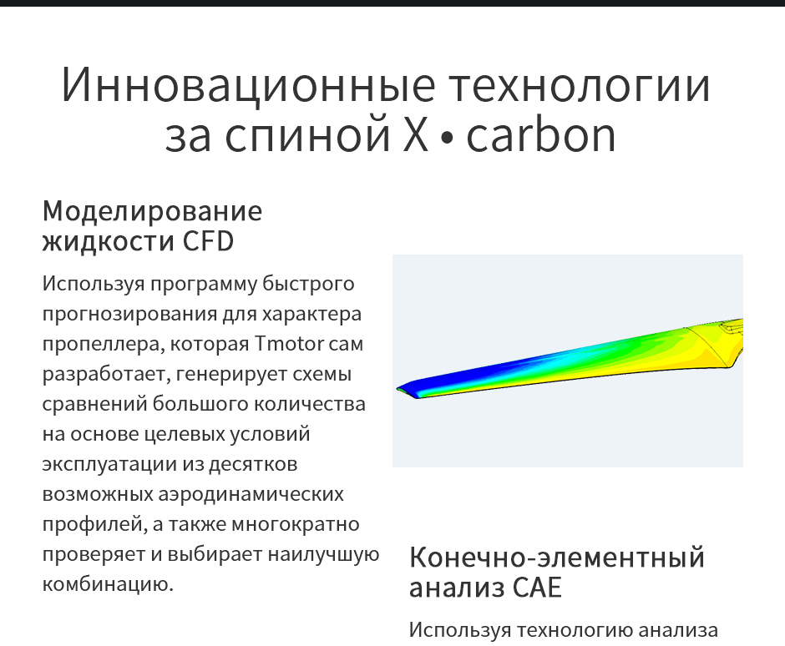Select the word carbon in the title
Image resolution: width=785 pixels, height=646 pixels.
[542, 136]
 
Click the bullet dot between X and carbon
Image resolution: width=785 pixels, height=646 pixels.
[447, 139]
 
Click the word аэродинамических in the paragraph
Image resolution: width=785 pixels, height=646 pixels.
[251, 493]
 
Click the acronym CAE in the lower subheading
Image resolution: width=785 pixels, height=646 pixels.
[534, 588]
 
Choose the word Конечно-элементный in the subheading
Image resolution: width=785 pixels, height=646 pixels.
[557, 557]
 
